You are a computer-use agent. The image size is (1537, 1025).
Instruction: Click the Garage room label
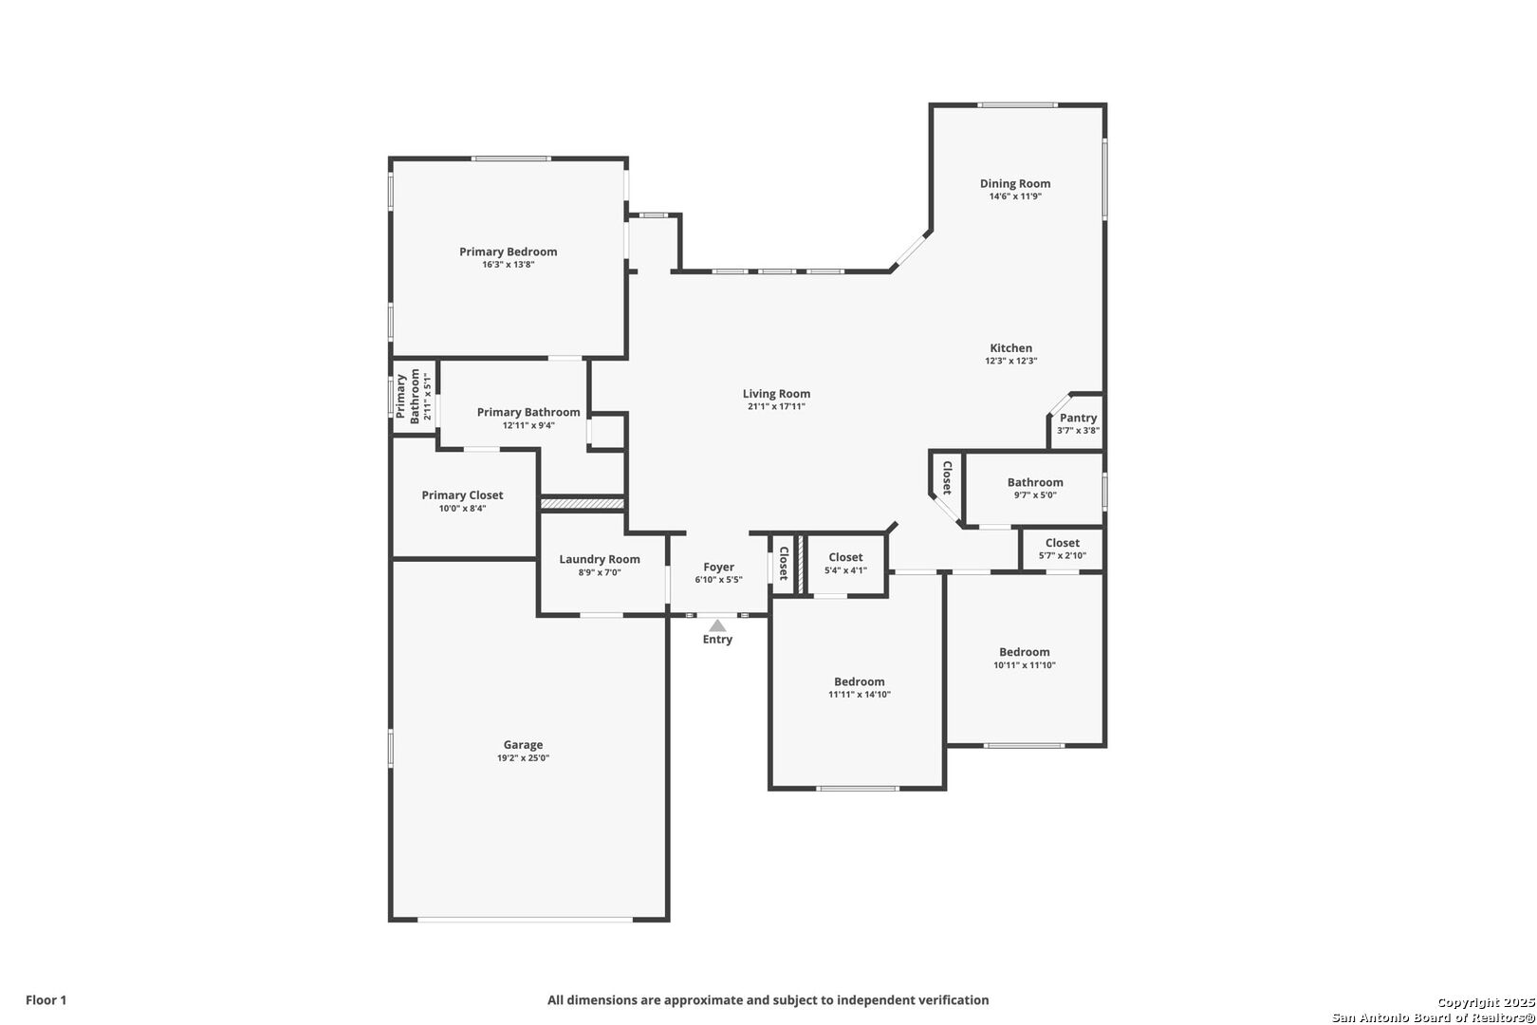pos(523,745)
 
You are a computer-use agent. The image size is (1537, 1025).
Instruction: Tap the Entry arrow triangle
pos(717,625)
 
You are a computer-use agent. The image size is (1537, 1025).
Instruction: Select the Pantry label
pos(1078,419)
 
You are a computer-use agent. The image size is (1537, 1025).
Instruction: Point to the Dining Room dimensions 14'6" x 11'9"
pos(1015,196)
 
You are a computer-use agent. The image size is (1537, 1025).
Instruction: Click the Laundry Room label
pos(599,560)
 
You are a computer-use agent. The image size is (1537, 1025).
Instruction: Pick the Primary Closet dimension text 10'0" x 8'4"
pos(462,509)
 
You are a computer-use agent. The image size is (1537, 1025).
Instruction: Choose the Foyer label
pos(718,568)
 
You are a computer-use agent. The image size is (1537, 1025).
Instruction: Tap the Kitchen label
pos(1010,348)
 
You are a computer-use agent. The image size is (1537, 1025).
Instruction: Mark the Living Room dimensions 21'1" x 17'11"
pos(776,406)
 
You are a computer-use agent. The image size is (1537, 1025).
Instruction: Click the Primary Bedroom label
pos(508,252)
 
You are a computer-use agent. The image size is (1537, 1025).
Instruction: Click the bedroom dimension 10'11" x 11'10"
pos(1025,665)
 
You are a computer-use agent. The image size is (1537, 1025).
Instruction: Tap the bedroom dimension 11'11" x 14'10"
pos(859,695)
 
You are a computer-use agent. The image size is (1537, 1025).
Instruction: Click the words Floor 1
pos(46,1000)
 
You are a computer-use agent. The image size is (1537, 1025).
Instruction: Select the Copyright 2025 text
pos(1486,1003)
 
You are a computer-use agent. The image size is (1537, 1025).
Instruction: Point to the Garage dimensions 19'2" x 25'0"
pos(523,758)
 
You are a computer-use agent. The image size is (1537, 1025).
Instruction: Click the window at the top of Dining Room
pos(1017,105)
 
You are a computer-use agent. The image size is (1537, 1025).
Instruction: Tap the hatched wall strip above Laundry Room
pos(582,504)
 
